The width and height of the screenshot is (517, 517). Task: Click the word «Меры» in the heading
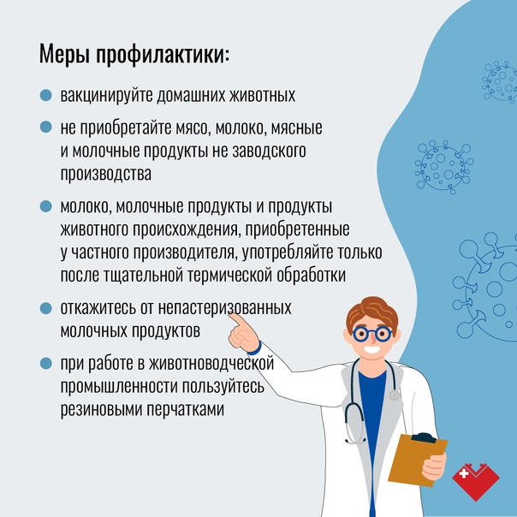coord(64,53)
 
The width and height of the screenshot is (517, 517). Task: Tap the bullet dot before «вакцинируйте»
coord(46,95)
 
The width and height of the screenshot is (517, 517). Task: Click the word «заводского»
coord(269,151)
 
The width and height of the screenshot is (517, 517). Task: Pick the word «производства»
coord(106,175)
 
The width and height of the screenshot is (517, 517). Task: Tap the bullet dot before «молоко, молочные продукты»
coord(46,207)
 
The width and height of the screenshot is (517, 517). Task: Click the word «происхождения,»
coord(186,229)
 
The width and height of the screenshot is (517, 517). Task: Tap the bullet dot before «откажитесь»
coord(46,308)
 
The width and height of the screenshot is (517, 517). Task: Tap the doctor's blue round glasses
coord(372,334)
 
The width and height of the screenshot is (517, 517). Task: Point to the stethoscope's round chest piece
coord(394,395)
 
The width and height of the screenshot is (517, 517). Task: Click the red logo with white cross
coord(475,481)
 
